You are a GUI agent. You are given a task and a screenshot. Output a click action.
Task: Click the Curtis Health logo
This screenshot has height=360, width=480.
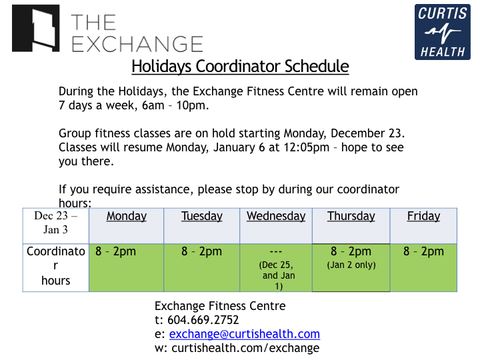443,31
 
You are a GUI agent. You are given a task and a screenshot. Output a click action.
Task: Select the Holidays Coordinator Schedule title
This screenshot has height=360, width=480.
240,67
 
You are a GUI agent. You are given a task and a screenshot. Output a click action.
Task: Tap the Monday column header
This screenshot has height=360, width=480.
127,216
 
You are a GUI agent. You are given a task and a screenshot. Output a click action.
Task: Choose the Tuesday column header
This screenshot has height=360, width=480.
202,216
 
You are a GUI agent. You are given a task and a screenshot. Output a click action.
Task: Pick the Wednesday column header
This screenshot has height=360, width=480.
276,216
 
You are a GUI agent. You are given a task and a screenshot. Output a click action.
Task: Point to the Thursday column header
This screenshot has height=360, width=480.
351,216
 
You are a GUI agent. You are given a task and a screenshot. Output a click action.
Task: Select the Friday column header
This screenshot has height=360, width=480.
424,216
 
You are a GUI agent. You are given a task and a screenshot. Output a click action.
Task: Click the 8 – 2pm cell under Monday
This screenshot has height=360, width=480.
115,252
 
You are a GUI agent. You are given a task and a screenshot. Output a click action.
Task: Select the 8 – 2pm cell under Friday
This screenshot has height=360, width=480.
423,252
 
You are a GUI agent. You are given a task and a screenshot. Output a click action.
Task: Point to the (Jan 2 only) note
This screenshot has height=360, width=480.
351,265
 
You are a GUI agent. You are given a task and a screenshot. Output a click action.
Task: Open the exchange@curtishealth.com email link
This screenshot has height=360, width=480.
245,334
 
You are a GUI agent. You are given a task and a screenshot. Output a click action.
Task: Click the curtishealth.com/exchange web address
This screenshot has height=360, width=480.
245,348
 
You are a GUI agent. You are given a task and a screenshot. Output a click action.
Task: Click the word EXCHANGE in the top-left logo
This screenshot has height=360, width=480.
137,44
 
